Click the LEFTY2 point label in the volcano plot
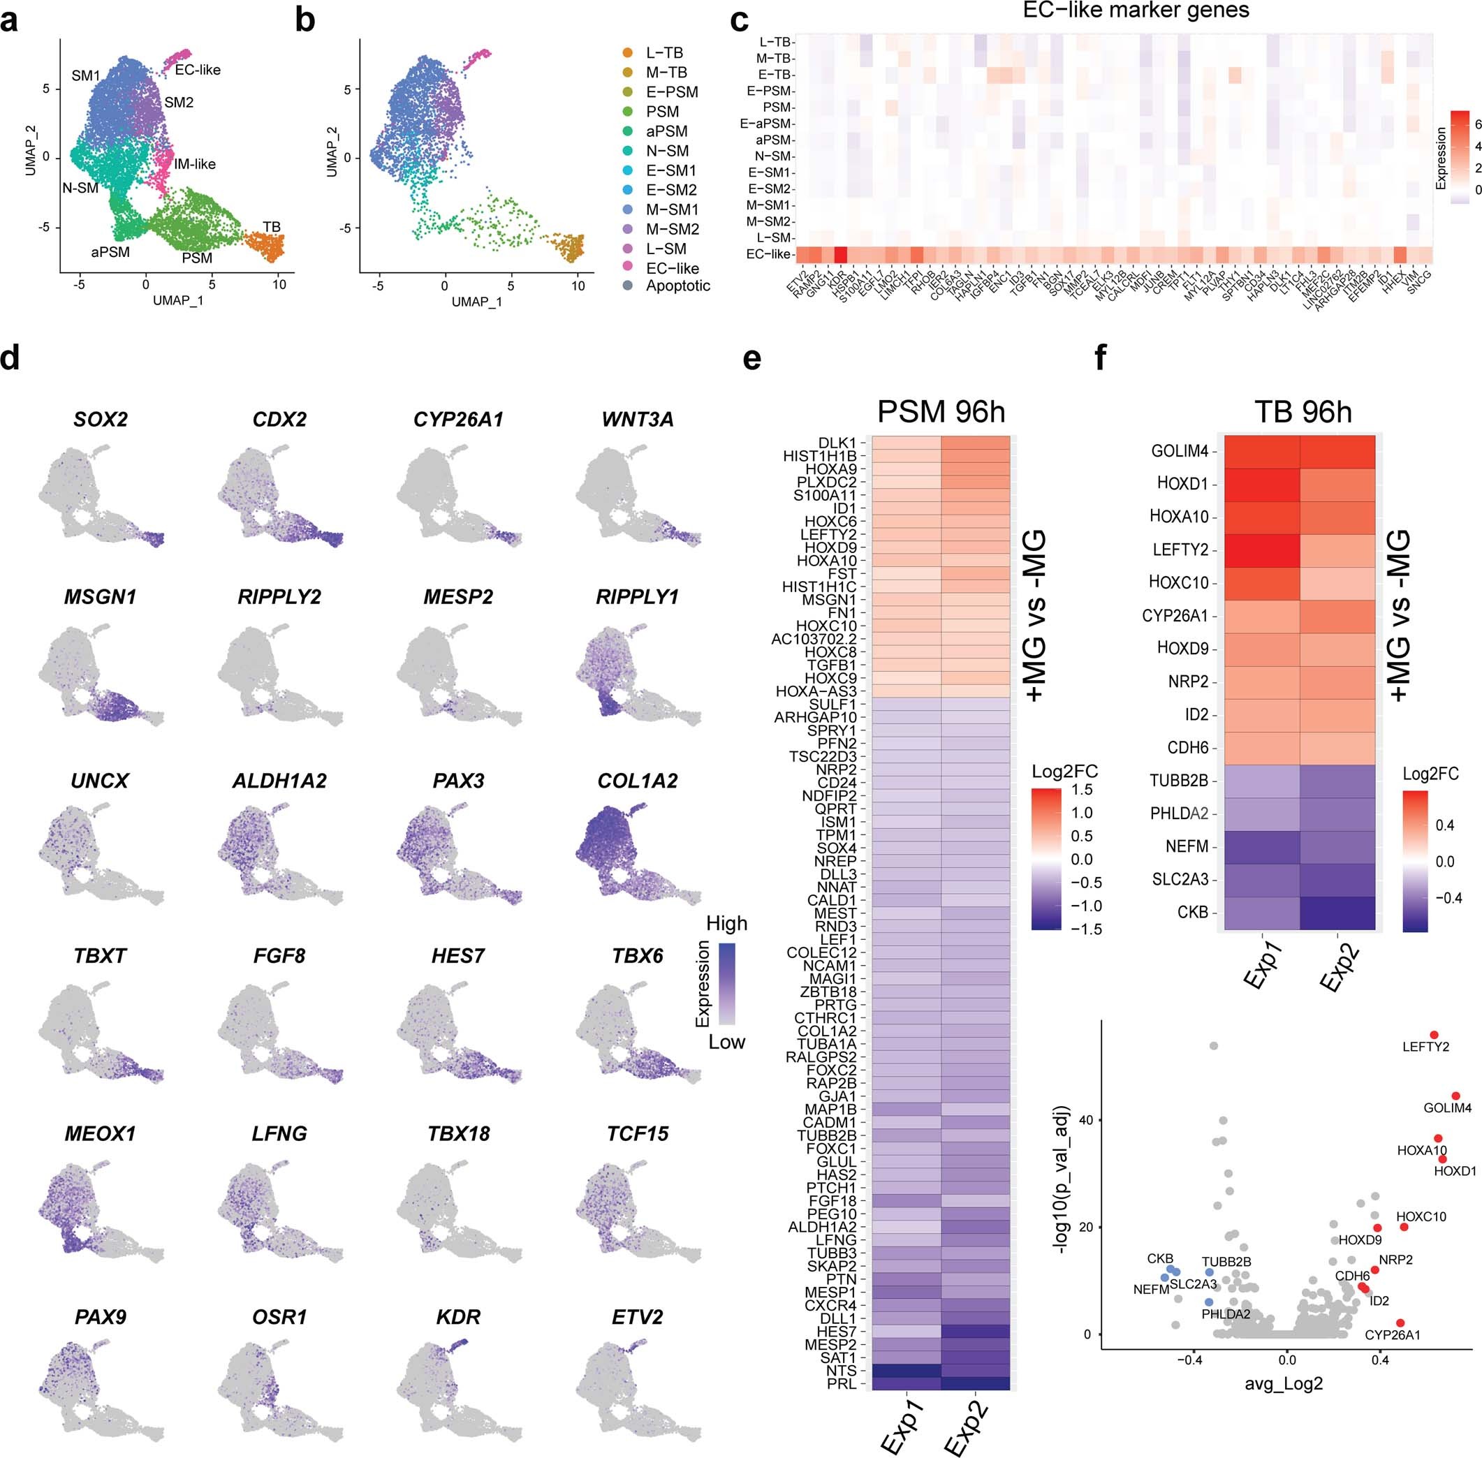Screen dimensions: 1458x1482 (x=1425, y=1047)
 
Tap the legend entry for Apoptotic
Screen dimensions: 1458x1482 (x=677, y=286)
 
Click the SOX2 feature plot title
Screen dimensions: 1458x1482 (x=101, y=420)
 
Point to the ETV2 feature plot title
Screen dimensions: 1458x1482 (x=637, y=1317)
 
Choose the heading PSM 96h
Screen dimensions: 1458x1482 (x=941, y=412)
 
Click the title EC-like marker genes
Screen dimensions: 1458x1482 (x=1136, y=10)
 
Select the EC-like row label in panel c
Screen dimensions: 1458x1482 (x=768, y=254)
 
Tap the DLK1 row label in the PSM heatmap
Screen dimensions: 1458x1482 (x=837, y=443)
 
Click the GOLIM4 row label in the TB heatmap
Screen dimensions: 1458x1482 (x=1180, y=451)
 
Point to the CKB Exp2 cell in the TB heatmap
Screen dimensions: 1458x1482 (x=1337, y=912)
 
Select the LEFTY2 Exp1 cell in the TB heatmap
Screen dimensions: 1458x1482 (x=1262, y=550)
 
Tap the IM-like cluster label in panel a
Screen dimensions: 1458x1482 (x=195, y=164)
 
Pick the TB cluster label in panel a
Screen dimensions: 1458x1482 (x=271, y=227)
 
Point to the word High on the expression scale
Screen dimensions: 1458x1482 (x=726, y=924)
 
